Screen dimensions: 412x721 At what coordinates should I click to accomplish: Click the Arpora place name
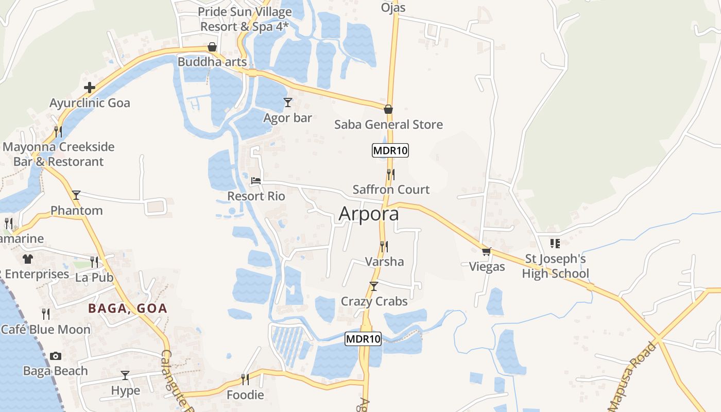pyautogui.click(x=369, y=214)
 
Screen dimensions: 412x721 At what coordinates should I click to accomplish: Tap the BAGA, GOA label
pyautogui.click(x=128, y=308)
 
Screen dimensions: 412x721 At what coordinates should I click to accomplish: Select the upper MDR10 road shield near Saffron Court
pyautogui.click(x=390, y=151)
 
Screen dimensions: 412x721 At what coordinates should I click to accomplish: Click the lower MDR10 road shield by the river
pyautogui.click(x=363, y=339)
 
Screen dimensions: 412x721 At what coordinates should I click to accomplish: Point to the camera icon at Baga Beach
pyautogui.click(x=56, y=356)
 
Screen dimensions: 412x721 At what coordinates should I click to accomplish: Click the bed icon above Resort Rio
pyautogui.click(x=256, y=181)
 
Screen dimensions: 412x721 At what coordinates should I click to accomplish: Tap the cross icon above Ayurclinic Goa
pyautogui.click(x=90, y=88)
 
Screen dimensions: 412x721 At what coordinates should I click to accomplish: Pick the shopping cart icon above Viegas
pyautogui.click(x=486, y=251)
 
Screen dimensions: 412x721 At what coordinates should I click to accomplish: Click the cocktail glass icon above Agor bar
pyautogui.click(x=288, y=102)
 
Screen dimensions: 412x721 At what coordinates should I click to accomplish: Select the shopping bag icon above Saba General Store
pyautogui.click(x=388, y=109)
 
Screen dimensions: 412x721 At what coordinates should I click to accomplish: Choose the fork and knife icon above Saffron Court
pyautogui.click(x=391, y=175)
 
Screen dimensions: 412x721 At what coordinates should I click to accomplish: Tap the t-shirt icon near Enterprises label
pyautogui.click(x=27, y=259)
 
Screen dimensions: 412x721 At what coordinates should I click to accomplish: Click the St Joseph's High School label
pyautogui.click(x=555, y=266)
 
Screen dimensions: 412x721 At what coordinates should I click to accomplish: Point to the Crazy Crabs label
pyautogui.click(x=374, y=301)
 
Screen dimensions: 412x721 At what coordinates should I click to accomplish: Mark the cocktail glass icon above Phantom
pyautogui.click(x=76, y=195)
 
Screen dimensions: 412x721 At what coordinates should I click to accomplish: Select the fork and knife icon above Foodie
pyautogui.click(x=245, y=380)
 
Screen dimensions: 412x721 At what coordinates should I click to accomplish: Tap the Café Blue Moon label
pyautogui.click(x=45, y=329)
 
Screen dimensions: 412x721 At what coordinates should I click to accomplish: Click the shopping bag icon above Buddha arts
pyautogui.click(x=212, y=47)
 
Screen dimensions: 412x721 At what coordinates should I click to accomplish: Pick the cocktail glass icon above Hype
pyautogui.click(x=125, y=375)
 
